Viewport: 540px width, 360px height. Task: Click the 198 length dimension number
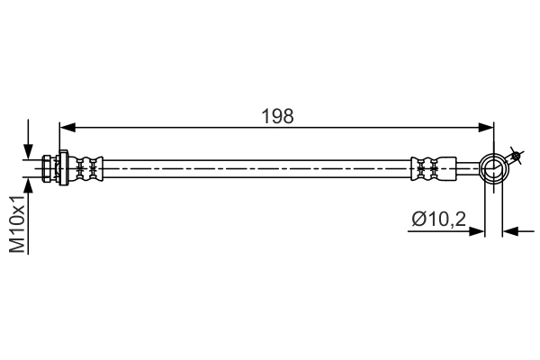click(x=277, y=115)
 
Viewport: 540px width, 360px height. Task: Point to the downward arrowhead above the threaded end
click(x=29, y=151)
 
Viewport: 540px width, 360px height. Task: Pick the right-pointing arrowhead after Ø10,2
click(x=478, y=231)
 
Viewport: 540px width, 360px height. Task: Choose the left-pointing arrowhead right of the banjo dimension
click(x=510, y=231)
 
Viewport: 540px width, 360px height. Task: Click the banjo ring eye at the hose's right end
click(x=493, y=167)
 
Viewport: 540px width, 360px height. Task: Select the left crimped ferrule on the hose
click(x=86, y=168)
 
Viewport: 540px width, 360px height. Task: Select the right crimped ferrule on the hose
click(x=427, y=168)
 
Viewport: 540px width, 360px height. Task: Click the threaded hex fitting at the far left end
click(x=47, y=168)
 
